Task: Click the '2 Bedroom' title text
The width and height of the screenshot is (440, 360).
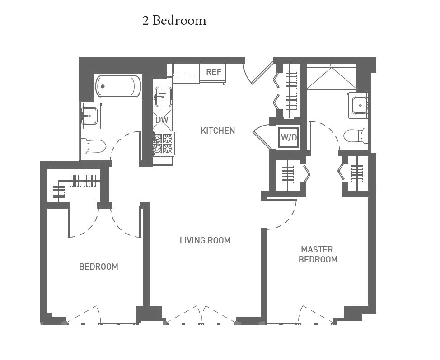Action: (174, 21)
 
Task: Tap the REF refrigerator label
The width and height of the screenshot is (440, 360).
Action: (214, 72)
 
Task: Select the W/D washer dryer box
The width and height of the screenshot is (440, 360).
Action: (289, 137)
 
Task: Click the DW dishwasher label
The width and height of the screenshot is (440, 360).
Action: (162, 120)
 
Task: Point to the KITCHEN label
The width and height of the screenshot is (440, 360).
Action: (218, 131)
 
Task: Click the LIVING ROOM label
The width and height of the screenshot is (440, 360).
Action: (205, 240)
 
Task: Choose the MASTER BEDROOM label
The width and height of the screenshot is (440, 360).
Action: (318, 254)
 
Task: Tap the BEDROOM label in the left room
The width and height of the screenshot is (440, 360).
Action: (98, 266)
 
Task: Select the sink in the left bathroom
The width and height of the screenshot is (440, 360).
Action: (90, 115)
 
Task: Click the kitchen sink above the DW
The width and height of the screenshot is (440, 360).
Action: (163, 96)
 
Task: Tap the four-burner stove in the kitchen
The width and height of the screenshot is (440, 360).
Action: (163, 143)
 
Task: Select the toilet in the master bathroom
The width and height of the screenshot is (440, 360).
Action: (356, 136)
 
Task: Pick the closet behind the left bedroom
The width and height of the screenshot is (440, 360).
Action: (75, 185)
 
